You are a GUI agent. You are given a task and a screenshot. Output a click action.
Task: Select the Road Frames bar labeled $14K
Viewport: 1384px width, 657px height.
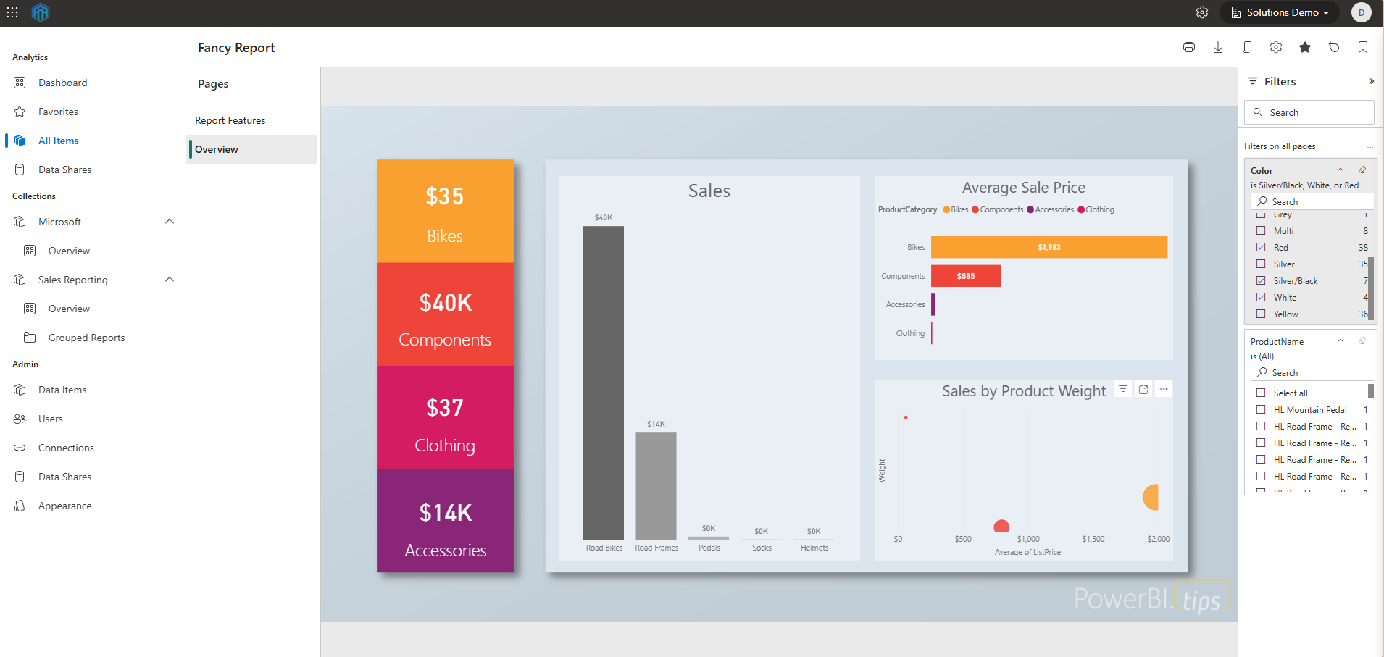[x=656, y=485]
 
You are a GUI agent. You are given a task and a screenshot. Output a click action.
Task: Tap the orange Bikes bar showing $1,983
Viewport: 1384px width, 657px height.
[x=1049, y=247]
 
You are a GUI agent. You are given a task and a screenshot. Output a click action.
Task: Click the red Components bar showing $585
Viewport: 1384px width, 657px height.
[x=965, y=276]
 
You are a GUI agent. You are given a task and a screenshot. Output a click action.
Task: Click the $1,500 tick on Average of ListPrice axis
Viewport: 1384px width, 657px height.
[x=1093, y=539]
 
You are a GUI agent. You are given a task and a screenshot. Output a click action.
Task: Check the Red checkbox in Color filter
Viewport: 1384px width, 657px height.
[x=1261, y=247]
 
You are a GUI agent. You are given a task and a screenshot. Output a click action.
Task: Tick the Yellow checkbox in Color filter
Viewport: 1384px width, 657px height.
[x=1261, y=314]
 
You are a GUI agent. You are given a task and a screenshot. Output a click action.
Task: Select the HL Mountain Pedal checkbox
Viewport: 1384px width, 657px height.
[x=1261, y=409]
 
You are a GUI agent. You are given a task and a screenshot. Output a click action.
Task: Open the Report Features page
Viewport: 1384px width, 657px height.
[x=230, y=120]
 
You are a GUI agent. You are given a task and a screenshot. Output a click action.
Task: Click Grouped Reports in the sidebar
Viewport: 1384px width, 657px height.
[x=86, y=338]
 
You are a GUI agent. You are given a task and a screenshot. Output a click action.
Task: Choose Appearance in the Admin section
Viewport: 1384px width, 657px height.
[x=64, y=506]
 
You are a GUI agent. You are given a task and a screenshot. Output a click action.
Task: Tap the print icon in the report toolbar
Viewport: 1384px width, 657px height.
[x=1188, y=47]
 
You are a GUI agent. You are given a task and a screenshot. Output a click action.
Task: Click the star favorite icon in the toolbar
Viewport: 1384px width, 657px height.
[x=1304, y=47]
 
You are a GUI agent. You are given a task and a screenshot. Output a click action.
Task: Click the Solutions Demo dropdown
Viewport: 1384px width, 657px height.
[x=1280, y=12]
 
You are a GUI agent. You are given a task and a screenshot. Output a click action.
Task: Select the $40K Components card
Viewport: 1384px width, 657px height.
[x=445, y=315]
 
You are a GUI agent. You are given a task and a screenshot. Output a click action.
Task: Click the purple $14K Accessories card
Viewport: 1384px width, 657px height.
[x=445, y=522]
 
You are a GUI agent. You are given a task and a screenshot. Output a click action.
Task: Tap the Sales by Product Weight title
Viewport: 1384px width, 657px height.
[x=1023, y=391]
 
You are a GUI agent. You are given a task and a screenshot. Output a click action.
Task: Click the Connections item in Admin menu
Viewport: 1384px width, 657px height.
[x=66, y=448]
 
